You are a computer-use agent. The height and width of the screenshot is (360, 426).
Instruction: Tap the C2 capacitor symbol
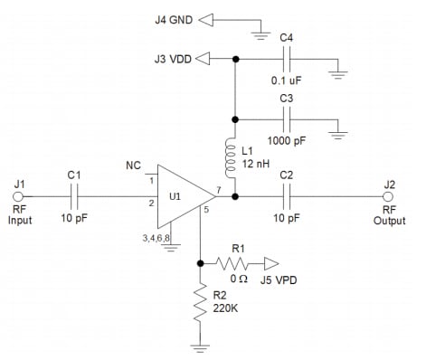[288, 196]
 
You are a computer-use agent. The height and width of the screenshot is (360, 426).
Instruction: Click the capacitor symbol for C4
[288, 59]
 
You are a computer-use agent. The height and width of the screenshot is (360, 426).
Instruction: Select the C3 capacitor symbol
[288, 118]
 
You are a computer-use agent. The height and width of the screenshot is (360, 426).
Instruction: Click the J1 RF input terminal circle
[19, 196]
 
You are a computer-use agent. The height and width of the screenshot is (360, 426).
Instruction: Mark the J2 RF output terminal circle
[389, 196]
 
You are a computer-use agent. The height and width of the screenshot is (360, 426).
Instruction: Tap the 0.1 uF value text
[287, 81]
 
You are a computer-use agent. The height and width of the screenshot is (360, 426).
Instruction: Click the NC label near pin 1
[133, 166]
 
